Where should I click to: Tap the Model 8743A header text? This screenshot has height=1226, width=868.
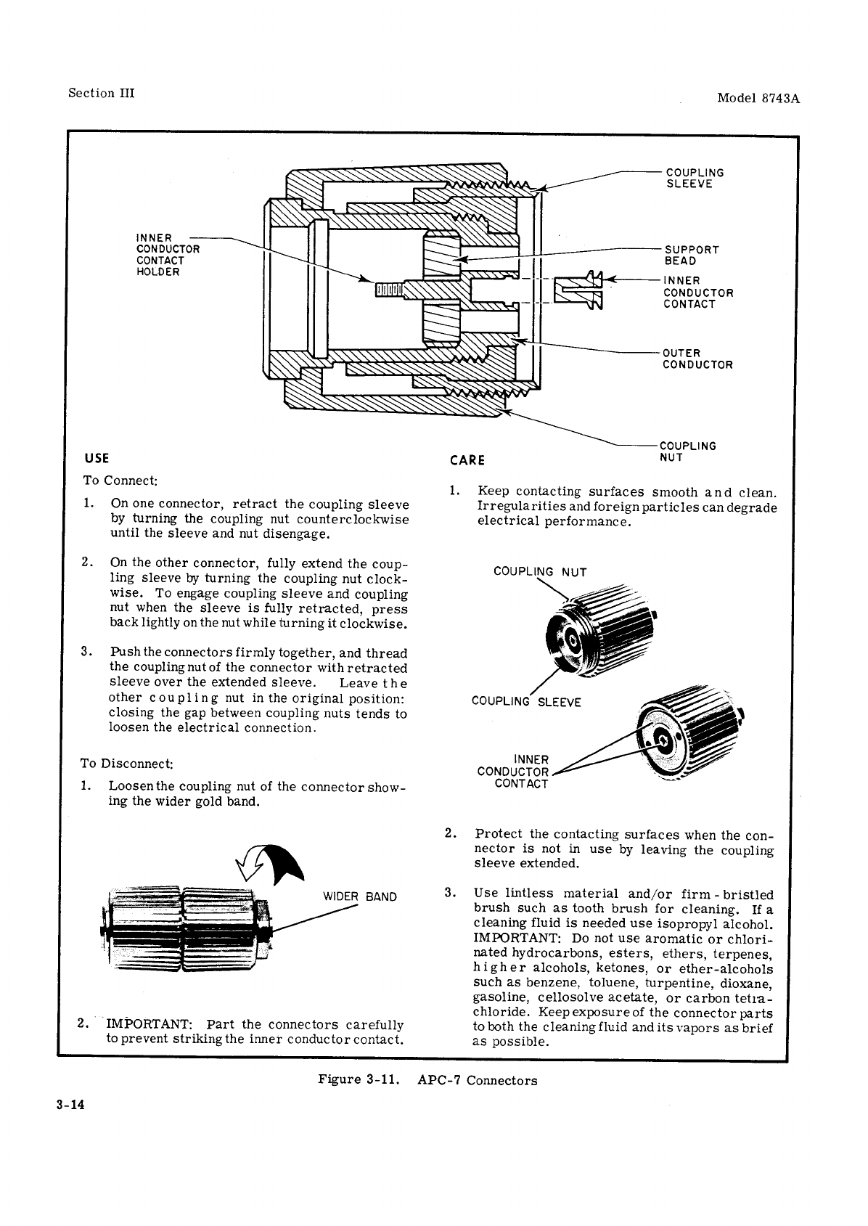tap(758, 98)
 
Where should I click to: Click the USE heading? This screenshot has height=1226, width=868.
tap(97, 458)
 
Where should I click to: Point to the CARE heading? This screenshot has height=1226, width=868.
tap(467, 459)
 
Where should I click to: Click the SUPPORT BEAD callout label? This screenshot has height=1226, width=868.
tap(691, 255)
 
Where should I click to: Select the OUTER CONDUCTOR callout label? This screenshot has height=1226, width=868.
tap(697, 359)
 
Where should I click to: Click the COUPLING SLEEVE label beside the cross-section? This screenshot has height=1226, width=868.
tap(695, 178)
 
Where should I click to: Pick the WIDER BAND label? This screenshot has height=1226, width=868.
tap(359, 896)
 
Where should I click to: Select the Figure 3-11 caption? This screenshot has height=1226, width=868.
tap(427, 1080)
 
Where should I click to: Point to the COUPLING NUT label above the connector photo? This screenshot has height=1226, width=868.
tap(539, 571)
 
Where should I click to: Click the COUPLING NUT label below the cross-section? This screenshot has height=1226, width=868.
tap(687, 451)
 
